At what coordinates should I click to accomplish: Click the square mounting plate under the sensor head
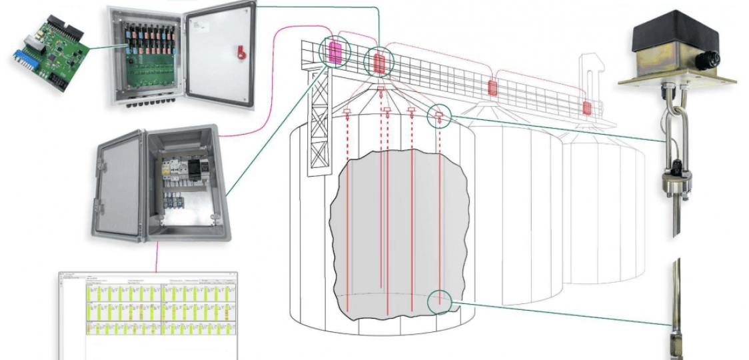tap(676, 79)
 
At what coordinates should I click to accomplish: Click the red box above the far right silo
tap(587, 107)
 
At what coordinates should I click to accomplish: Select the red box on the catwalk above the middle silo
tap(492, 87)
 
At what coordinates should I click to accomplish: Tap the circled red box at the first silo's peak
tap(379, 63)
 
